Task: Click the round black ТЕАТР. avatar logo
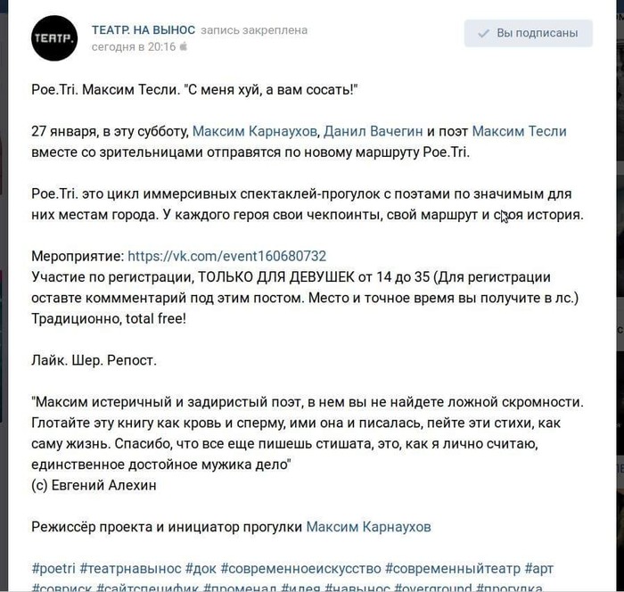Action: pyautogui.click(x=54, y=37)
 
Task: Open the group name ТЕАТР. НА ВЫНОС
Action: pyautogui.click(x=142, y=30)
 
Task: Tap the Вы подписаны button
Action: pyautogui.click(x=528, y=33)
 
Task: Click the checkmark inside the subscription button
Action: pyautogui.click(x=483, y=34)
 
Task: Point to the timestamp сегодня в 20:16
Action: pyautogui.click(x=134, y=45)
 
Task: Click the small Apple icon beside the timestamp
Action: pyautogui.click(x=184, y=45)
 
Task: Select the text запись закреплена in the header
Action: pyautogui.click(x=254, y=30)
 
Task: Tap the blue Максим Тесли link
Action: pyautogui.click(x=519, y=131)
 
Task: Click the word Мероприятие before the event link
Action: pyautogui.click(x=78, y=255)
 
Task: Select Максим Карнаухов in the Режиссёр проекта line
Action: pyautogui.click(x=368, y=527)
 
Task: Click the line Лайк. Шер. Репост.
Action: pyautogui.click(x=94, y=360)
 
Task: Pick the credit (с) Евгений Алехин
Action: pyautogui.click(x=94, y=485)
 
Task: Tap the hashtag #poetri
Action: pyautogui.click(x=53, y=568)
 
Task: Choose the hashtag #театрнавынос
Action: pyautogui.click(x=130, y=568)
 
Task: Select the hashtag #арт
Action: pyautogui.click(x=538, y=568)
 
